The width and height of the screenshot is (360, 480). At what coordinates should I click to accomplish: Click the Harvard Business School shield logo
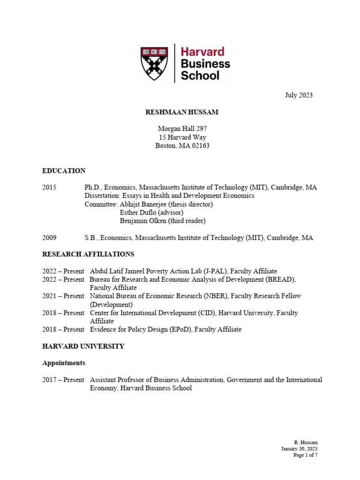pyautogui.click(x=154, y=63)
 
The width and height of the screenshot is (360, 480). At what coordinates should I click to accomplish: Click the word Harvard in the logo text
pyautogui.click(x=202, y=52)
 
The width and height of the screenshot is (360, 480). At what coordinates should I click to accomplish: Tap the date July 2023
pyautogui.click(x=299, y=95)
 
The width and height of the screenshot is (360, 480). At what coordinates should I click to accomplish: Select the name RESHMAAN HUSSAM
pyautogui.click(x=182, y=112)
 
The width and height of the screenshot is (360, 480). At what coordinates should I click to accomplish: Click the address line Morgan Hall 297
pyautogui.click(x=182, y=128)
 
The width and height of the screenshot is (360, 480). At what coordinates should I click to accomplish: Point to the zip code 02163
pyautogui.click(x=199, y=145)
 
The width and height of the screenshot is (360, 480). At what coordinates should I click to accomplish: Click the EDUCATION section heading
pyautogui.click(x=64, y=171)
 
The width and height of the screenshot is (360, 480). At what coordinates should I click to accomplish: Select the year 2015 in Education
pyautogui.click(x=49, y=187)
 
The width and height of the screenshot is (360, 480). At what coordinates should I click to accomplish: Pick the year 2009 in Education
pyautogui.click(x=49, y=238)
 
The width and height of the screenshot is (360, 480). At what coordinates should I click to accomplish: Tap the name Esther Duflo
pyautogui.click(x=139, y=212)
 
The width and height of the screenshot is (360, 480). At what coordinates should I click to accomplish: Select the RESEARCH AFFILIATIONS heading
pyautogui.click(x=88, y=254)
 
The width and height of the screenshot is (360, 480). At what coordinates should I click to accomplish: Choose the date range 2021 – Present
pyautogui.click(x=63, y=296)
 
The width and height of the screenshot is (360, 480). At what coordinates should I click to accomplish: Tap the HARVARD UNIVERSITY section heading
pyautogui.click(x=83, y=346)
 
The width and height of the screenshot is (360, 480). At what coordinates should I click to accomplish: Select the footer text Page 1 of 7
pyautogui.click(x=305, y=455)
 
